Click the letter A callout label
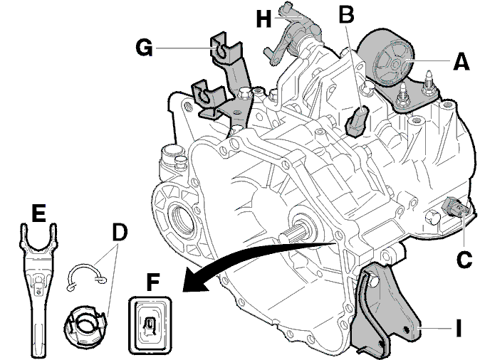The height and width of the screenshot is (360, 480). [461, 62]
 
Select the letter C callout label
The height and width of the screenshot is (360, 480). [464, 260]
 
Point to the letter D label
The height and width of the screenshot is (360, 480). [120, 233]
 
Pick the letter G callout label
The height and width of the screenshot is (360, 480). [144, 48]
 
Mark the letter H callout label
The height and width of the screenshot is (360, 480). [264, 18]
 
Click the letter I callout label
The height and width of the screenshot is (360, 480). [458, 328]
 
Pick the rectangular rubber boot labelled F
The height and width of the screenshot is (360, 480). [150, 325]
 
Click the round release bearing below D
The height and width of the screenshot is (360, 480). [85, 326]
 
